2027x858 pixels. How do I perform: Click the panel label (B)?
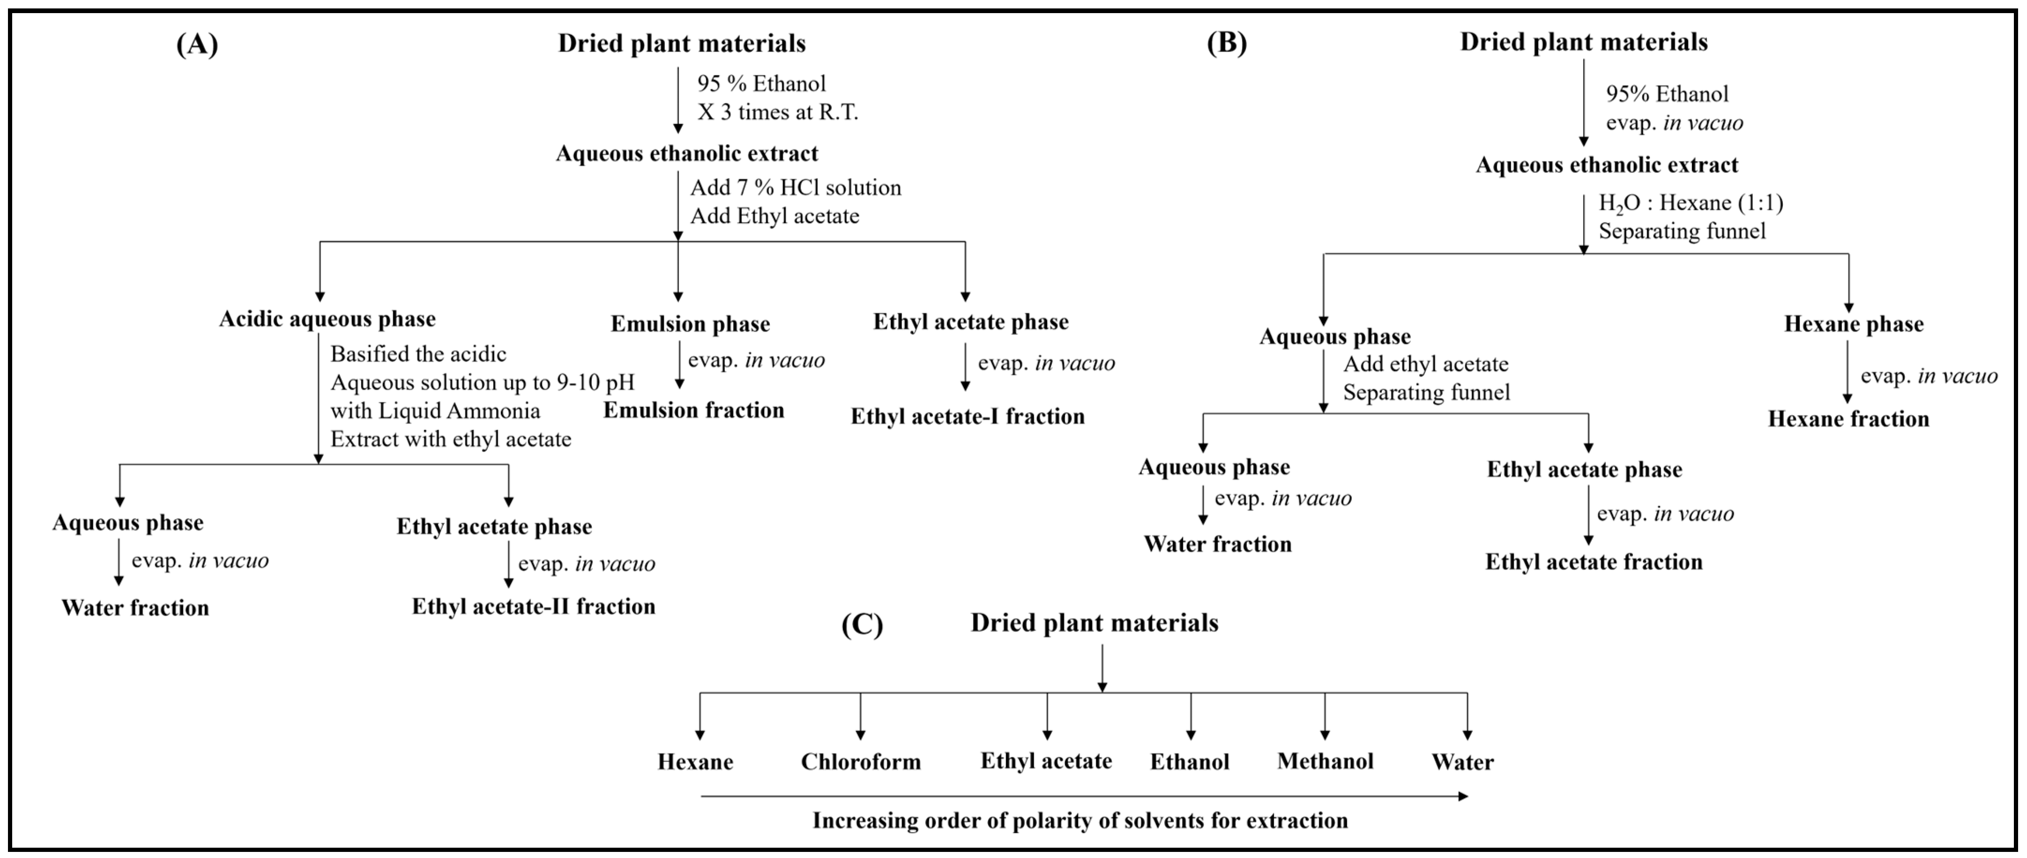point(1227,43)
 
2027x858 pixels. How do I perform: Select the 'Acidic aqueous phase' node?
point(328,319)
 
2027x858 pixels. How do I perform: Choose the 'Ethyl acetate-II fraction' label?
point(534,607)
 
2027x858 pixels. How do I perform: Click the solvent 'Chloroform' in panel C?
point(861,762)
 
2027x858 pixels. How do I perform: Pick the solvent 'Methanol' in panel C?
point(1325,761)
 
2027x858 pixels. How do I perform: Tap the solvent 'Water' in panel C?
point(1462,762)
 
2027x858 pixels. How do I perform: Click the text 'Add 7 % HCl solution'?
point(796,188)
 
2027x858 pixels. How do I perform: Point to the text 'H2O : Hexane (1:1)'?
point(1690,203)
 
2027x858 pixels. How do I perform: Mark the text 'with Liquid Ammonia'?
point(435,411)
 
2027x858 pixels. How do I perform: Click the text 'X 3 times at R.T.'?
point(777,111)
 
